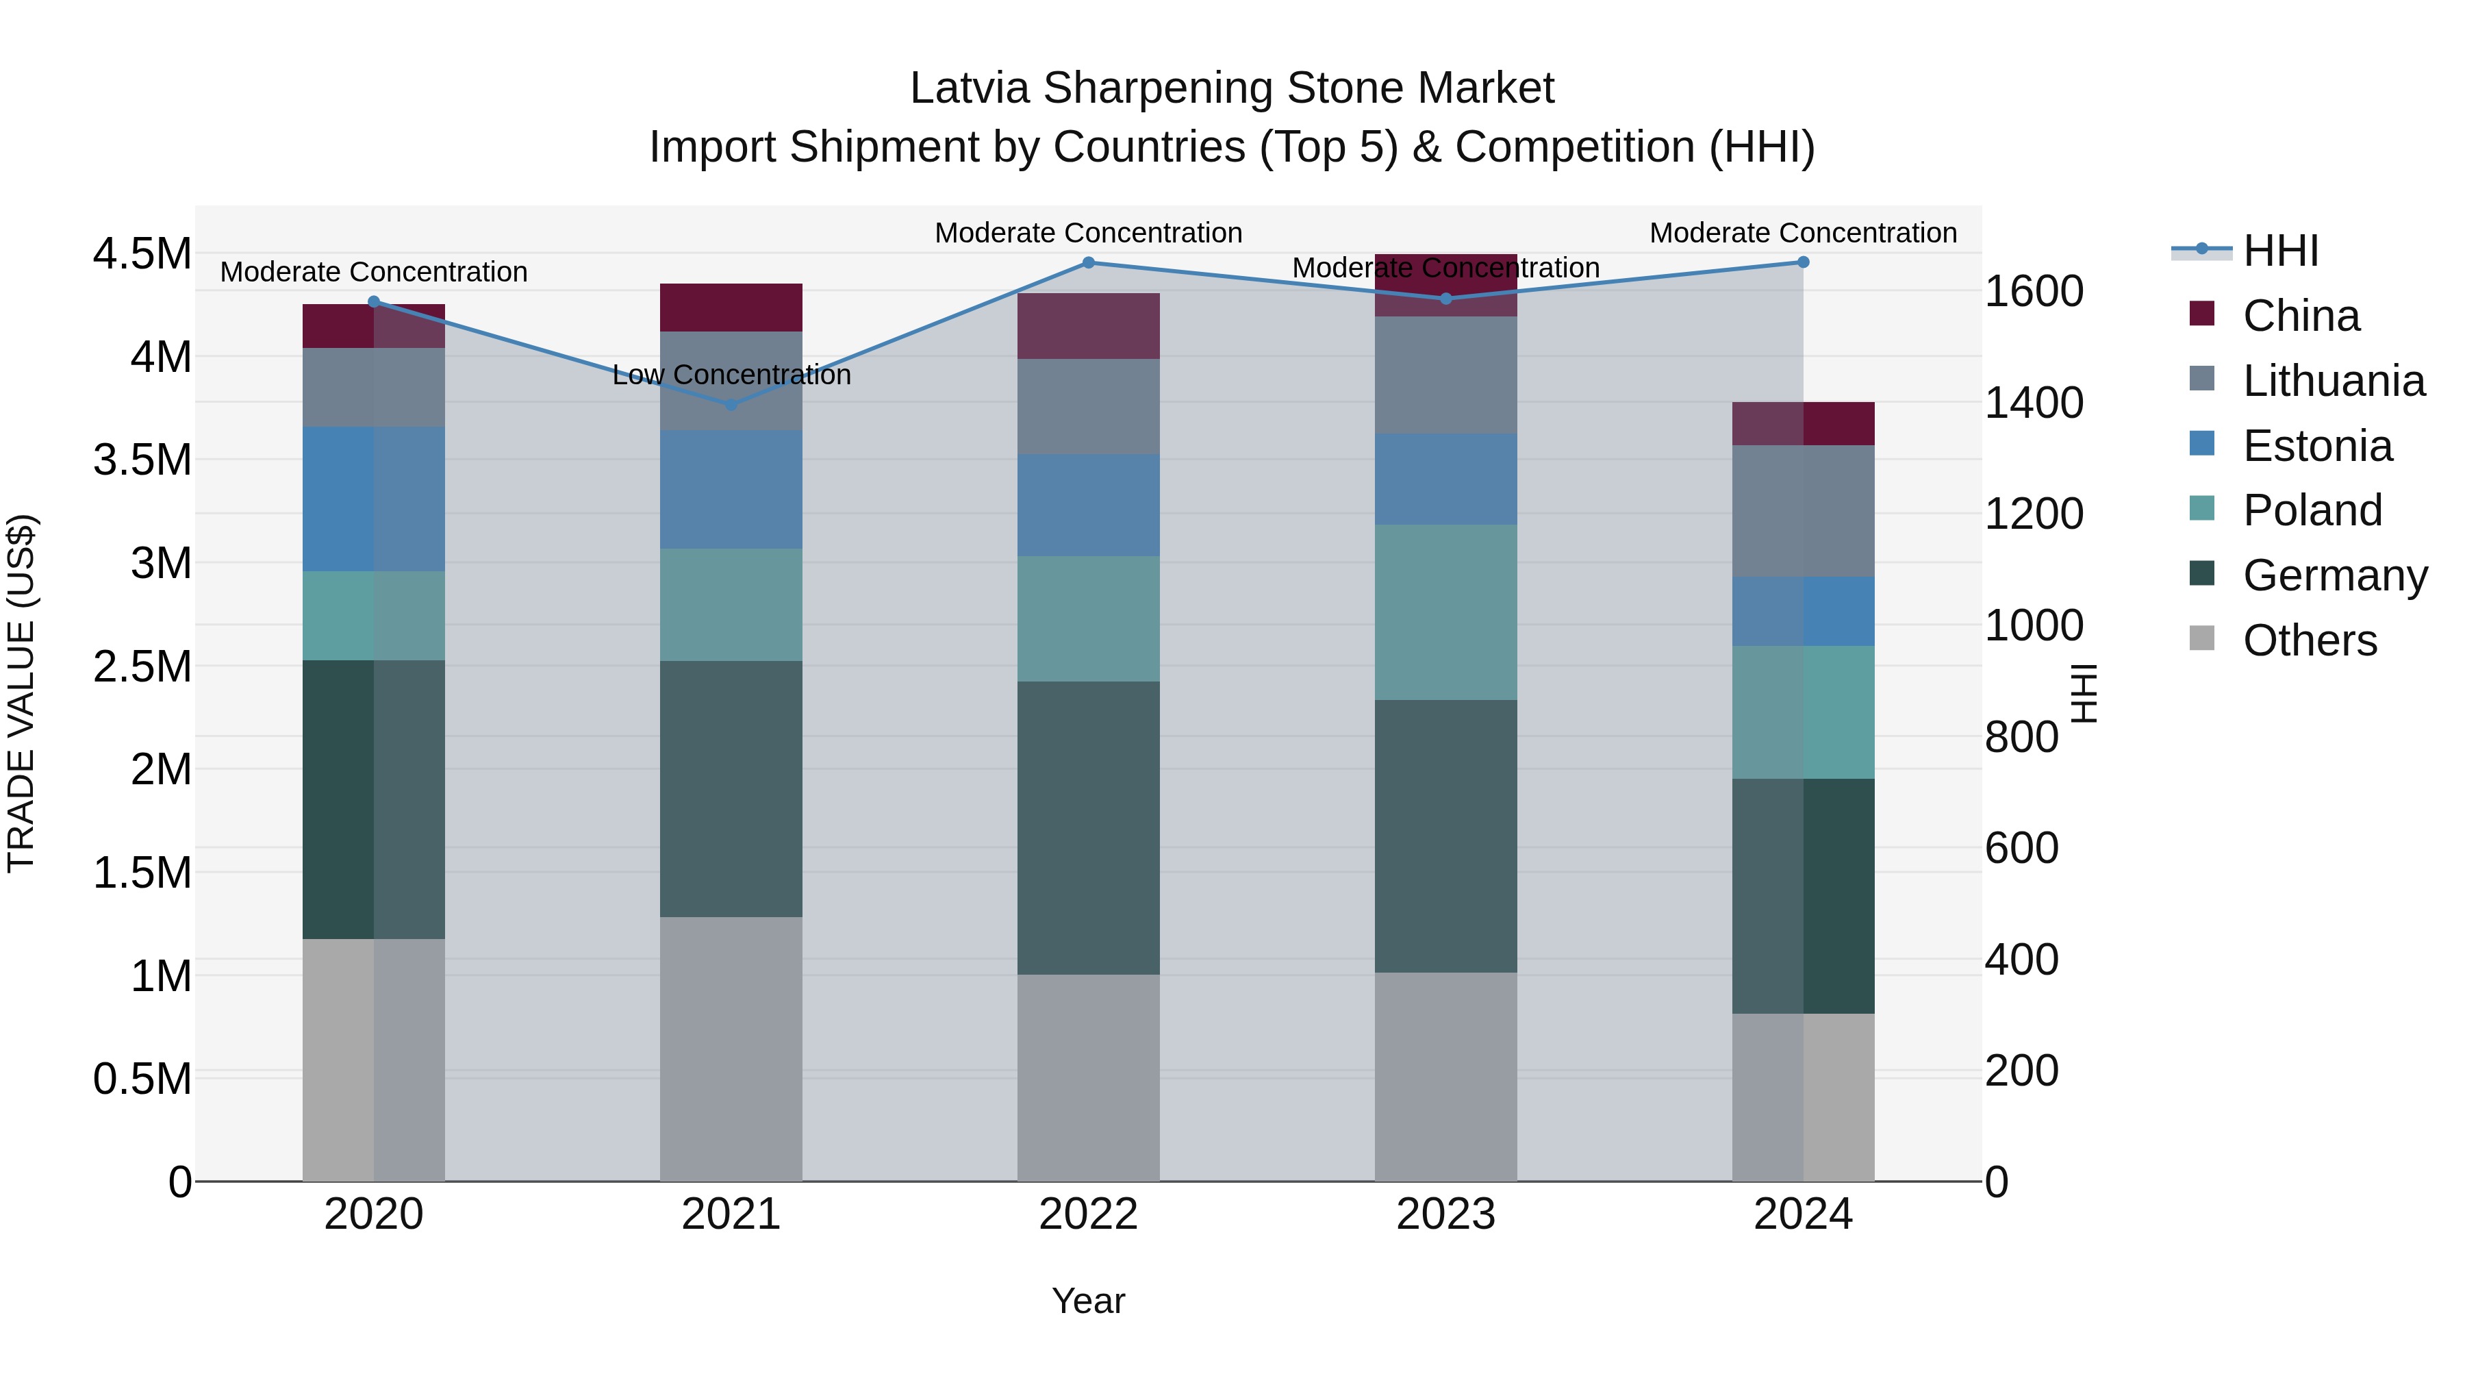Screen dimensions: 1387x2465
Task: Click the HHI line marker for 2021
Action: tap(731, 405)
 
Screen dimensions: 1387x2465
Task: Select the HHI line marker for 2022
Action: tap(1088, 262)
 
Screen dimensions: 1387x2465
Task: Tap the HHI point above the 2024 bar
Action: tap(1803, 262)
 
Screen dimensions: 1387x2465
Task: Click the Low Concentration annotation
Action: tap(731, 375)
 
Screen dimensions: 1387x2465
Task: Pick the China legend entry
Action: tap(2301, 316)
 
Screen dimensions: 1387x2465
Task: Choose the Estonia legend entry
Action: tap(2316, 446)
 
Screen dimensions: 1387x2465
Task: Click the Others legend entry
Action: tap(2309, 640)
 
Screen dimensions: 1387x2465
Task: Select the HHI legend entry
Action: tap(2279, 251)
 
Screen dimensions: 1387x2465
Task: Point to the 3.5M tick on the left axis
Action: tap(142, 460)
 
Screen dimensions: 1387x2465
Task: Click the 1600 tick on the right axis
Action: tap(2034, 291)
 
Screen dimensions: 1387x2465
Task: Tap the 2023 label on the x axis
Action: tap(1445, 1214)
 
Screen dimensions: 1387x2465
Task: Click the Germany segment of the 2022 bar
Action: tap(1088, 828)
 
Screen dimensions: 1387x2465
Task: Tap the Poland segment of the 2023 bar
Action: tap(1445, 612)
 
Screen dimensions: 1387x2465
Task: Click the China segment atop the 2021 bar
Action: tap(731, 308)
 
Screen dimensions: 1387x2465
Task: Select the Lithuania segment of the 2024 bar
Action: tap(1803, 511)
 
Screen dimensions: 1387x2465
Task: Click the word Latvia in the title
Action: tap(970, 88)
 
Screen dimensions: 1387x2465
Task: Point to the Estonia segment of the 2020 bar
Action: tap(373, 499)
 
